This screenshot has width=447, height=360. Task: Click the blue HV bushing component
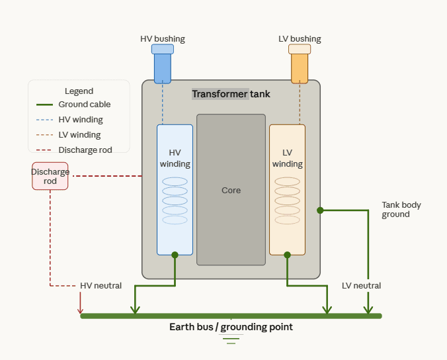point(163,64)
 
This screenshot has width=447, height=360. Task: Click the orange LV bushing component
point(300,64)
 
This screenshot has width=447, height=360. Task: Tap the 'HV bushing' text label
point(163,39)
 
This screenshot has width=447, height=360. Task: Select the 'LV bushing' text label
point(300,39)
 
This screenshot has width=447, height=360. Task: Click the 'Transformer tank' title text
point(231,94)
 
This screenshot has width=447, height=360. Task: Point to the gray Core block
point(231,190)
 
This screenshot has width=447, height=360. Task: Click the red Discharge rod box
point(50,176)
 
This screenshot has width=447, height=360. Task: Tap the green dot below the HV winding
point(175,255)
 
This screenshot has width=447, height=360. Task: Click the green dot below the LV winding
point(287,255)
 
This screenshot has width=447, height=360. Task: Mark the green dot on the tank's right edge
point(320,210)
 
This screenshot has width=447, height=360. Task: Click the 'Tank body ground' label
point(401,210)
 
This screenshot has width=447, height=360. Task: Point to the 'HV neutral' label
point(101,286)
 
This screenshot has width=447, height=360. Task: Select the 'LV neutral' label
point(361,286)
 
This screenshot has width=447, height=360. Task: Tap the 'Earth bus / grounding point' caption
point(231,327)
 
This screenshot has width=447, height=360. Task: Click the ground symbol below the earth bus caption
point(231,340)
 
